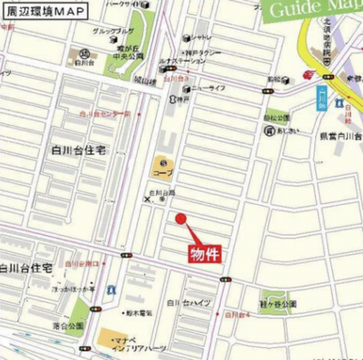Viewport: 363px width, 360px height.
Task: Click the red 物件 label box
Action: coord(204,253)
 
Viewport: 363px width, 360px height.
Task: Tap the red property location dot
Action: coord(180,218)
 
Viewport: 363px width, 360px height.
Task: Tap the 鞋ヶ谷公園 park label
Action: coord(277,304)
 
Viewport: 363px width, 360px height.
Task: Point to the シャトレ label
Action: coord(201,37)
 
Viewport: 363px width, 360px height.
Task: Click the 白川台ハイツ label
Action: coord(188,303)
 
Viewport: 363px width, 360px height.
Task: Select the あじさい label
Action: coord(289,130)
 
